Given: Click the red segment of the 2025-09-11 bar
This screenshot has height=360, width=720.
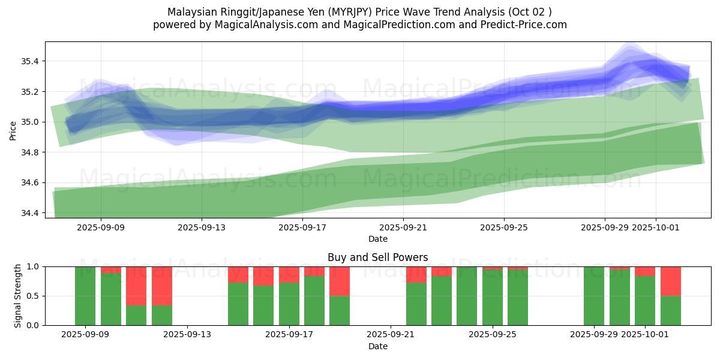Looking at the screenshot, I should (x=136, y=286).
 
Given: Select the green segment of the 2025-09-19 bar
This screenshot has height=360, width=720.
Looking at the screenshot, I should (x=340, y=310).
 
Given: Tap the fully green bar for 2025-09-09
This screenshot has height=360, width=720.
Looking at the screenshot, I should (x=85, y=296).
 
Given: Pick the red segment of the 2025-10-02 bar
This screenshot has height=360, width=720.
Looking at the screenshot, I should (x=670, y=281).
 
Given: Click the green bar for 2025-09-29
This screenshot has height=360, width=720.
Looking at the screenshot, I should (x=594, y=296).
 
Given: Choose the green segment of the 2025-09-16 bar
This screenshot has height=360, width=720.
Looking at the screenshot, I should (x=263, y=305).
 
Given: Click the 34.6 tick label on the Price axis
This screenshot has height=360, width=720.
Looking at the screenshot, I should (x=29, y=182).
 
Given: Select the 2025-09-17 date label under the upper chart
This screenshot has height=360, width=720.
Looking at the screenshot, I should (x=302, y=227).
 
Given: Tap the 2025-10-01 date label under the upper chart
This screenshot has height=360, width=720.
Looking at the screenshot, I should (x=655, y=227).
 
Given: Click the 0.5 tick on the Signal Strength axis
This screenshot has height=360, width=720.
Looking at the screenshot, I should (x=33, y=296).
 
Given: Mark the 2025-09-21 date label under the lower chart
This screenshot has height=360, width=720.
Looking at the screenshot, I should (x=391, y=335).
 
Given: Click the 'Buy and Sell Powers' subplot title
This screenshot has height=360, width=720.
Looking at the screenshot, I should (x=378, y=257).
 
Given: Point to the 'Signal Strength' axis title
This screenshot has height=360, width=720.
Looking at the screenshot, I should (x=18, y=296).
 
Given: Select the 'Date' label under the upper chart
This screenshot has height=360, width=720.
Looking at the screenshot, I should (x=378, y=239).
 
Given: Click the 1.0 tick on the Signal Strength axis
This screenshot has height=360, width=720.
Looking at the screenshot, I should (x=33, y=266).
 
